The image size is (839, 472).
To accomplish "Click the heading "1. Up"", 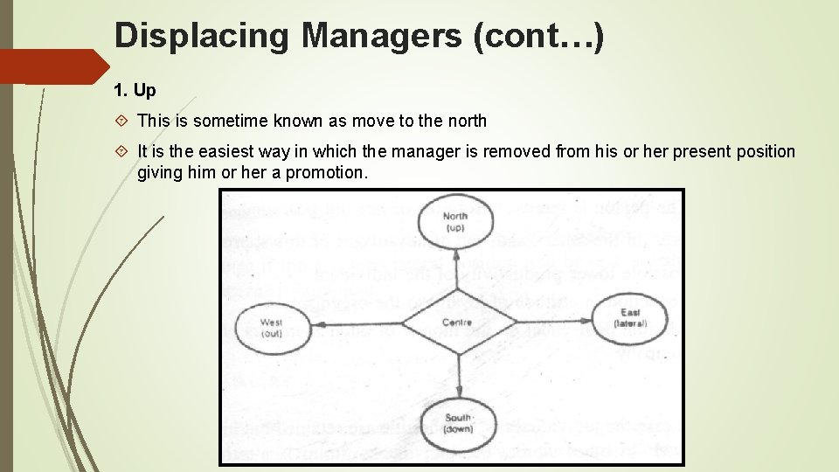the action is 135,91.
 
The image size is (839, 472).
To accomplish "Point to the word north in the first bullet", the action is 465,121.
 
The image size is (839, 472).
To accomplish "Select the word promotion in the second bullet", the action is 325,173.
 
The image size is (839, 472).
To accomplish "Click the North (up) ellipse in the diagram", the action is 454,222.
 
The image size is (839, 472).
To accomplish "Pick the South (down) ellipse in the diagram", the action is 459,424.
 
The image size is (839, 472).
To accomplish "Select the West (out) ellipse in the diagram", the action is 272,327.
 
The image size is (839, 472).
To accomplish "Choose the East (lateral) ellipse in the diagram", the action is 631,317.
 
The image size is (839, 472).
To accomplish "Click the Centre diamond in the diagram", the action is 455,323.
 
